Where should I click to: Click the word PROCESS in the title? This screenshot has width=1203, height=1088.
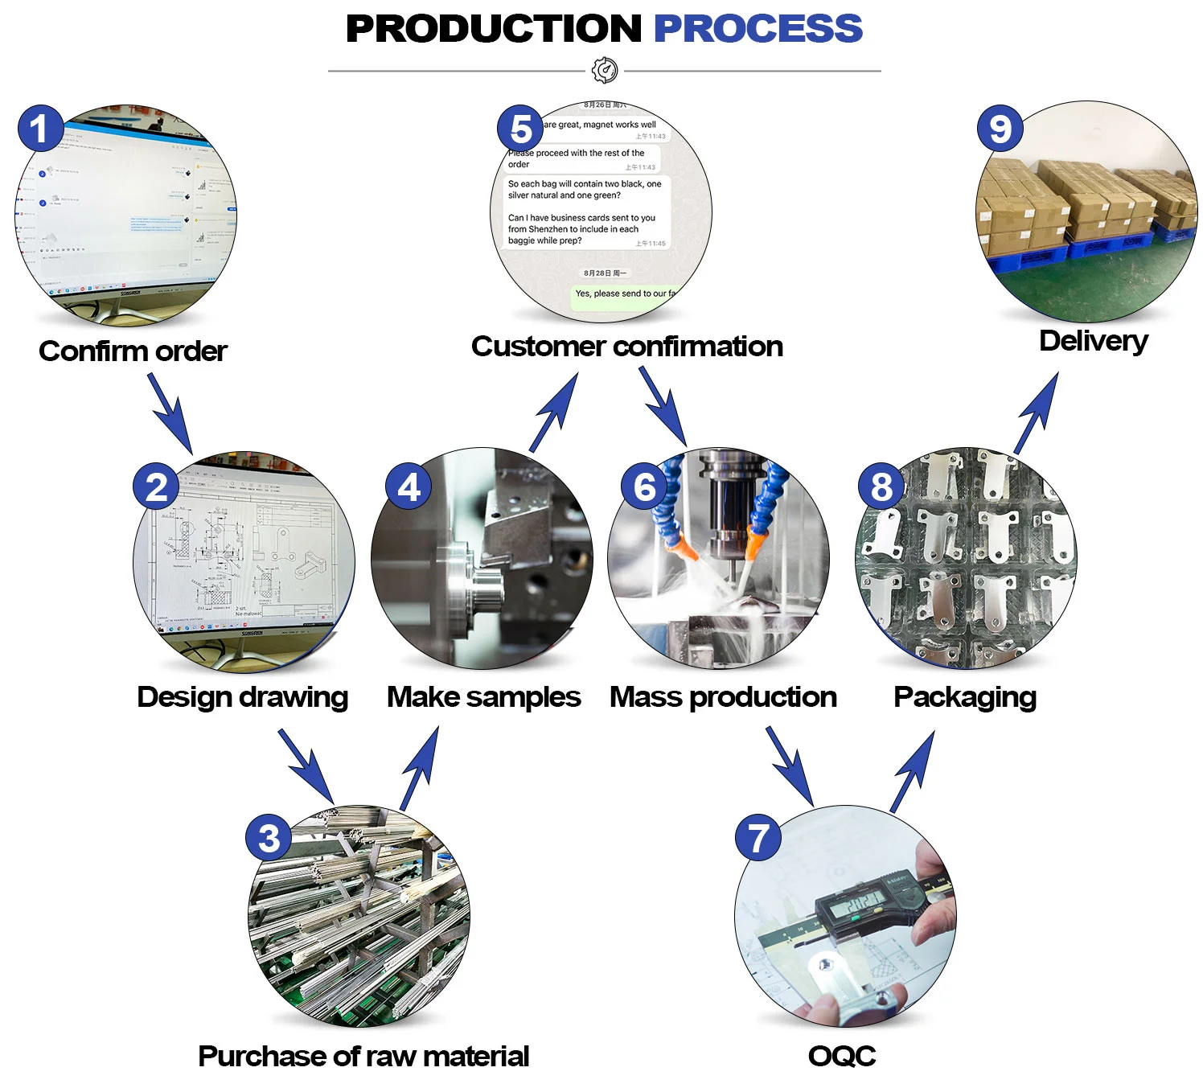(758, 29)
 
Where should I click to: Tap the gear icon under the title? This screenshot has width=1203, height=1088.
(605, 71)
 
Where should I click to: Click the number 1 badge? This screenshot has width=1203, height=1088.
(39, 129)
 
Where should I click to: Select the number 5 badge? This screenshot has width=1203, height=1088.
(520, 129)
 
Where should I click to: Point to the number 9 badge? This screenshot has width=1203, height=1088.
(1000, 129)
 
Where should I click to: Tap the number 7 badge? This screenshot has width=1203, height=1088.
(758, 837)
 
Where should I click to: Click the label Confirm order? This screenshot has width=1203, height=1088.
(133, 351)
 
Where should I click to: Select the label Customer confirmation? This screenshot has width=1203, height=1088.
(626, 346)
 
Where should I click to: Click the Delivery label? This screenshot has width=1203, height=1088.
(1093, 340)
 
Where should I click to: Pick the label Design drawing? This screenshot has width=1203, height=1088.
(242, 696)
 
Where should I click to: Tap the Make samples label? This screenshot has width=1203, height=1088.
(483, 696)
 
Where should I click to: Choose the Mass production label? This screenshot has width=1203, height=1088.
(723, 696)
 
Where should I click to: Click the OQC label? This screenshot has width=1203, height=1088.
(842, 1055)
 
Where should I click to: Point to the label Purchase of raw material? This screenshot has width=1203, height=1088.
(363, 1055)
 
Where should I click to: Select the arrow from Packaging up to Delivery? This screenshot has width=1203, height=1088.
(1037, 412)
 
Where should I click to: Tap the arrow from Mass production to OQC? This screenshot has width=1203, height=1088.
(790, 766)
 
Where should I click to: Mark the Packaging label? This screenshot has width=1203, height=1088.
(964, 696)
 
